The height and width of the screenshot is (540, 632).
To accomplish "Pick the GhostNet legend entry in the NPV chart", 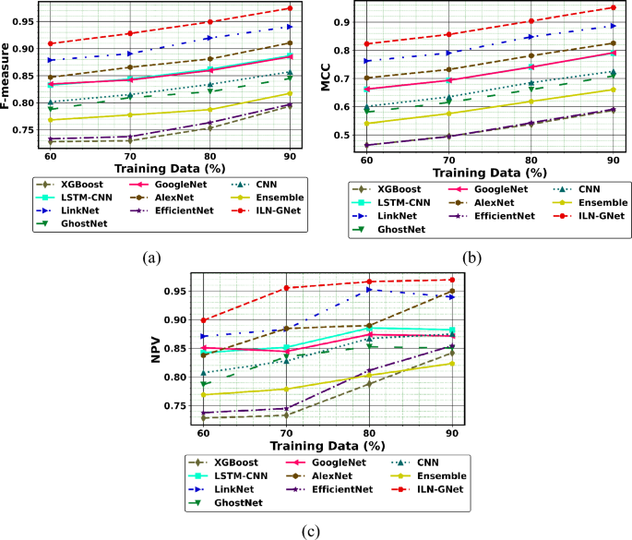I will click(x=234, y=502).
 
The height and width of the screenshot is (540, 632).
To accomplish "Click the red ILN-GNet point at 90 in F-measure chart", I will click(x=290, y=8).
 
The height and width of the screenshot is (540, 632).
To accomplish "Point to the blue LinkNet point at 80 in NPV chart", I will click(x=369, y=290).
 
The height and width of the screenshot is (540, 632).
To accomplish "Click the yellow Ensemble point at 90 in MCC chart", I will click(x=612, y=90).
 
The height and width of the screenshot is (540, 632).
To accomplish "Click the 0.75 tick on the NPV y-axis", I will click(x=182, y=405).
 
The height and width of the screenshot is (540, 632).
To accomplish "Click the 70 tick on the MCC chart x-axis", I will click(x=448, y=159).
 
